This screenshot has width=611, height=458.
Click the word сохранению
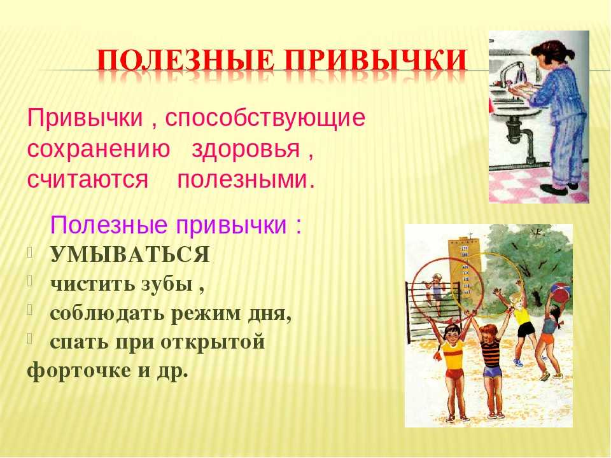pos(99,149)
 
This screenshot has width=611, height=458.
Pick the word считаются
pos(88,180)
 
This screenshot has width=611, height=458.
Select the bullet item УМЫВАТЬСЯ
pos(130,255)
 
